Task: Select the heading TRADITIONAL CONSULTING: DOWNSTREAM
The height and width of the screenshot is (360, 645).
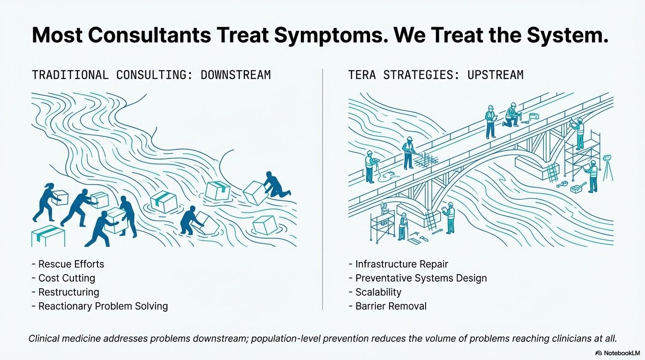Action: click(x=151, y=75)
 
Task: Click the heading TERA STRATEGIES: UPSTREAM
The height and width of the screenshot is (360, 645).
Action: click(x=435, y=75)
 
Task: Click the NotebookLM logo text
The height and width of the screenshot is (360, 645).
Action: click(x=617, y=353)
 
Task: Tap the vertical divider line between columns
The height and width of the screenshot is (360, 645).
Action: click(x=322, y=187)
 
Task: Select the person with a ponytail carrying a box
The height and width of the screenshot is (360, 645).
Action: click(x=47, y=202)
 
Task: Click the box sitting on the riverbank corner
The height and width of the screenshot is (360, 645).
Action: click(x=48, y=235)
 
